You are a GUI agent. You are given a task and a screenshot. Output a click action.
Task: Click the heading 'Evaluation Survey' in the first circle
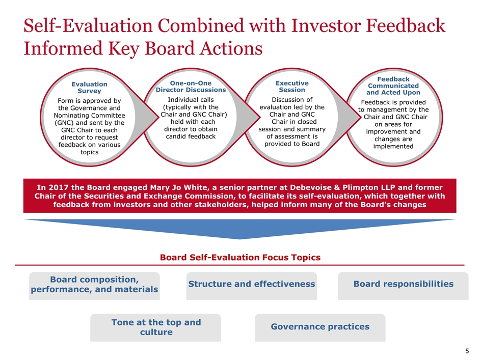[x=89, y=88]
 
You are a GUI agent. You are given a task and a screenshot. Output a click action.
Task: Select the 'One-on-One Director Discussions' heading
[x=191, y=87]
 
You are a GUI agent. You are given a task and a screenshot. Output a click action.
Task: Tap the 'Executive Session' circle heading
[x=292, y=87]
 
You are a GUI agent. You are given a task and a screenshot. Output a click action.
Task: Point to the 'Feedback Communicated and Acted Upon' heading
[x=393, y=86]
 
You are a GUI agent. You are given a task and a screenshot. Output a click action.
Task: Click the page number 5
[x=467, y=351]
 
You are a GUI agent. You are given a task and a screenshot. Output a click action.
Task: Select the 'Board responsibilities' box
[x=403, y=286]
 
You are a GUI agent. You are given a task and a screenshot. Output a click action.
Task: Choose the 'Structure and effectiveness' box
[x=252, y=286]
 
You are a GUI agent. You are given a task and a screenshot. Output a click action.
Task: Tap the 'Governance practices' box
[x=320, y=327]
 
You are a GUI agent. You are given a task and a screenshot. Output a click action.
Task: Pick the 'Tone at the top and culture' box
[x=155, y=327]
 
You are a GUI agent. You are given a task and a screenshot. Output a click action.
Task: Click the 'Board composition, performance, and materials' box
[x=94, y=286]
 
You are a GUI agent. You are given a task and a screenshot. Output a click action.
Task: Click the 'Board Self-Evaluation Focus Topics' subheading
[x=240, y=257]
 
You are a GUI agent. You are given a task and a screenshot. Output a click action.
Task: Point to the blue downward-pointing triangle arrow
[x=240, y=229]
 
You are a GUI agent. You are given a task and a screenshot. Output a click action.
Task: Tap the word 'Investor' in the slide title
[x=326, y=25]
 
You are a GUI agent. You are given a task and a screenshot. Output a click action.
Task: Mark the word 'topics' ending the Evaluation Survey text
[x=89, y=152]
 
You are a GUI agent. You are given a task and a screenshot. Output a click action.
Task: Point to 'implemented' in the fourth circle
[x=393, y=146]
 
